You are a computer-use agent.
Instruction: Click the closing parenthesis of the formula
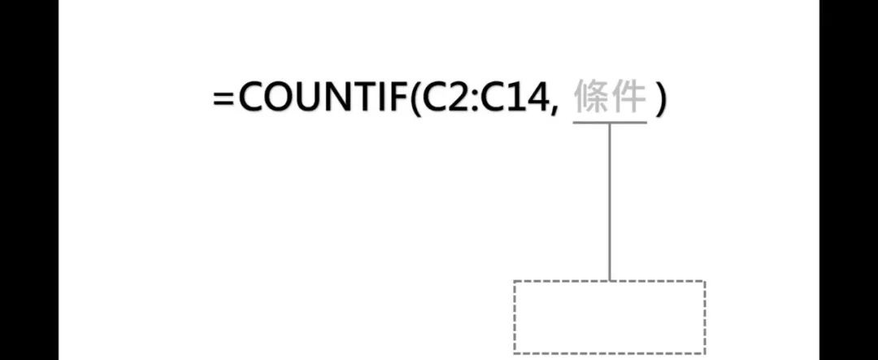[661, 101]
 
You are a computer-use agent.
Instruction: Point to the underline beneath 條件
[609, 122]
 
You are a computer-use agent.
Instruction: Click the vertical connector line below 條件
[609, 202]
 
